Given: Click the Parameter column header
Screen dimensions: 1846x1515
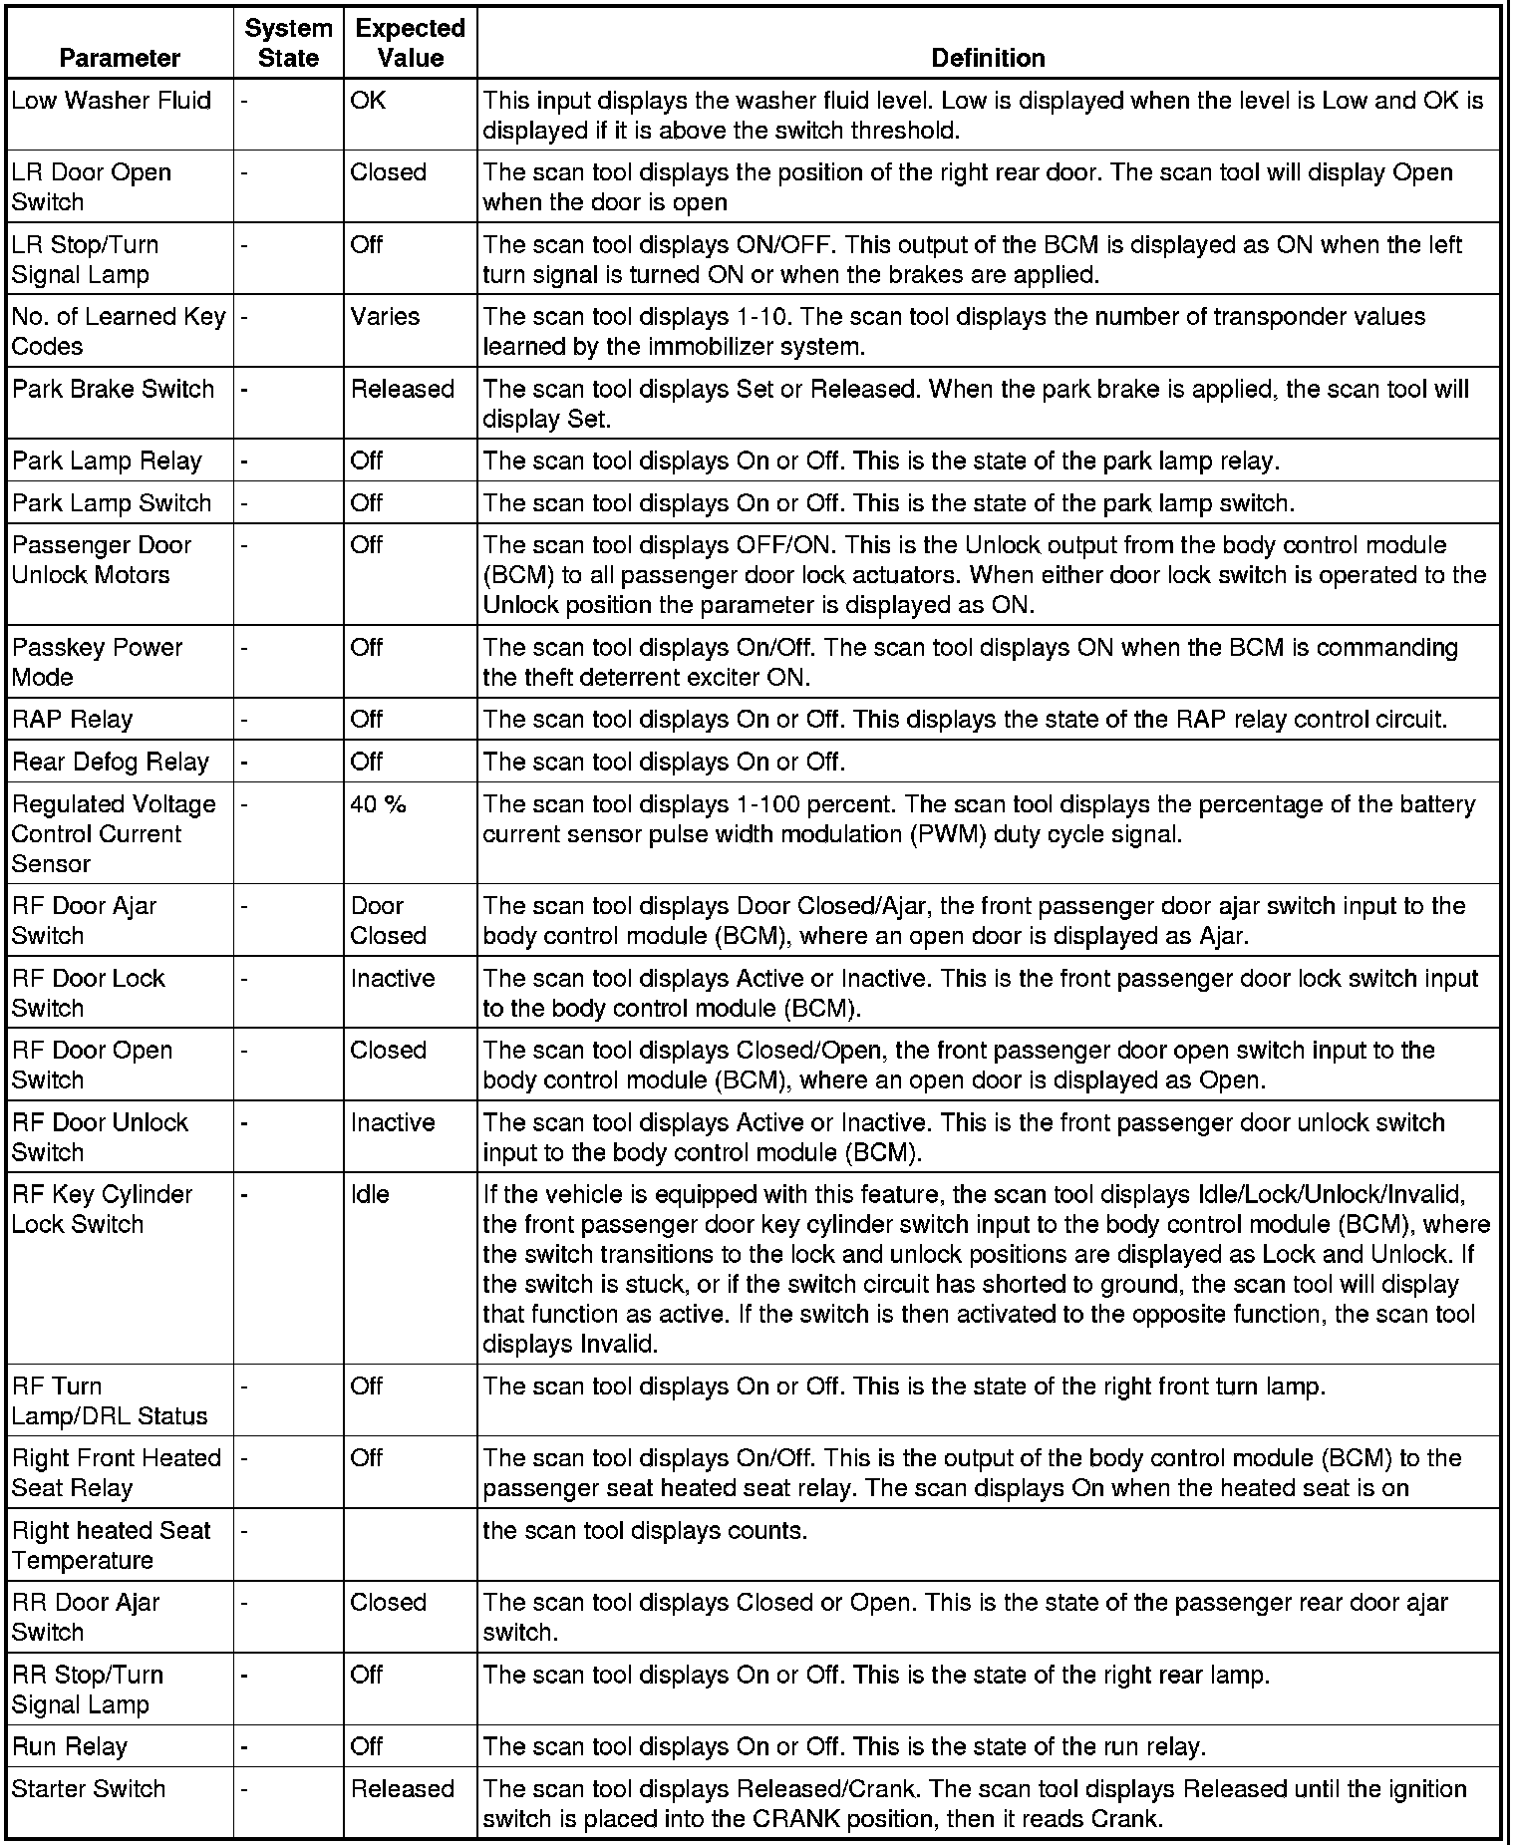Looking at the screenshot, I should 120,58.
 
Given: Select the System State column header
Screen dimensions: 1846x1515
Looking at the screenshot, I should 288,43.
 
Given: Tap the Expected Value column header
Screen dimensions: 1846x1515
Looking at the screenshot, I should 410,43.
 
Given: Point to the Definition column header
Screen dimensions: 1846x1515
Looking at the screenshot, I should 988,58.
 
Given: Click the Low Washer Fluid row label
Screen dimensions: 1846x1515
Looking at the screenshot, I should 112,101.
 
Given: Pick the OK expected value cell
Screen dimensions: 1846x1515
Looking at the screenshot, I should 368,101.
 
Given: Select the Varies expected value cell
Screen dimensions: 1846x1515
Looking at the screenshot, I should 385,317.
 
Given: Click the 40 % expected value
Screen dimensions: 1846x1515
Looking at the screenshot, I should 378,804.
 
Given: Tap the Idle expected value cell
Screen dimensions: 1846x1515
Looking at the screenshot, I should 370,1194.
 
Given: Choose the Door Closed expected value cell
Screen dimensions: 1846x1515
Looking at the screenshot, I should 388,921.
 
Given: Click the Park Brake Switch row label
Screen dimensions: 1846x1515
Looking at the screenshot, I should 114,389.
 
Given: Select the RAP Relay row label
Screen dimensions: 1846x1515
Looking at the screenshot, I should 73,720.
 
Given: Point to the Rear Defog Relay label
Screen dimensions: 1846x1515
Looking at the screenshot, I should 111,763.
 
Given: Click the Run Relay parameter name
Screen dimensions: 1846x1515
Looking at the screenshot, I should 70,1747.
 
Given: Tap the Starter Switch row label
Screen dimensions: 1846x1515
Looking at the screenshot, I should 89,1789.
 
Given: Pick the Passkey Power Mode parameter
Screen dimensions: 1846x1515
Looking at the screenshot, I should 97,662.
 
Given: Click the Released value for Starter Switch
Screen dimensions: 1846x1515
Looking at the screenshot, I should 402,1789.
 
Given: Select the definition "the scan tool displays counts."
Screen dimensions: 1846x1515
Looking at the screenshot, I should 645,1530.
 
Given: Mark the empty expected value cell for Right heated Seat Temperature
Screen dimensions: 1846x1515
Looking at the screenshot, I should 410,1544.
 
